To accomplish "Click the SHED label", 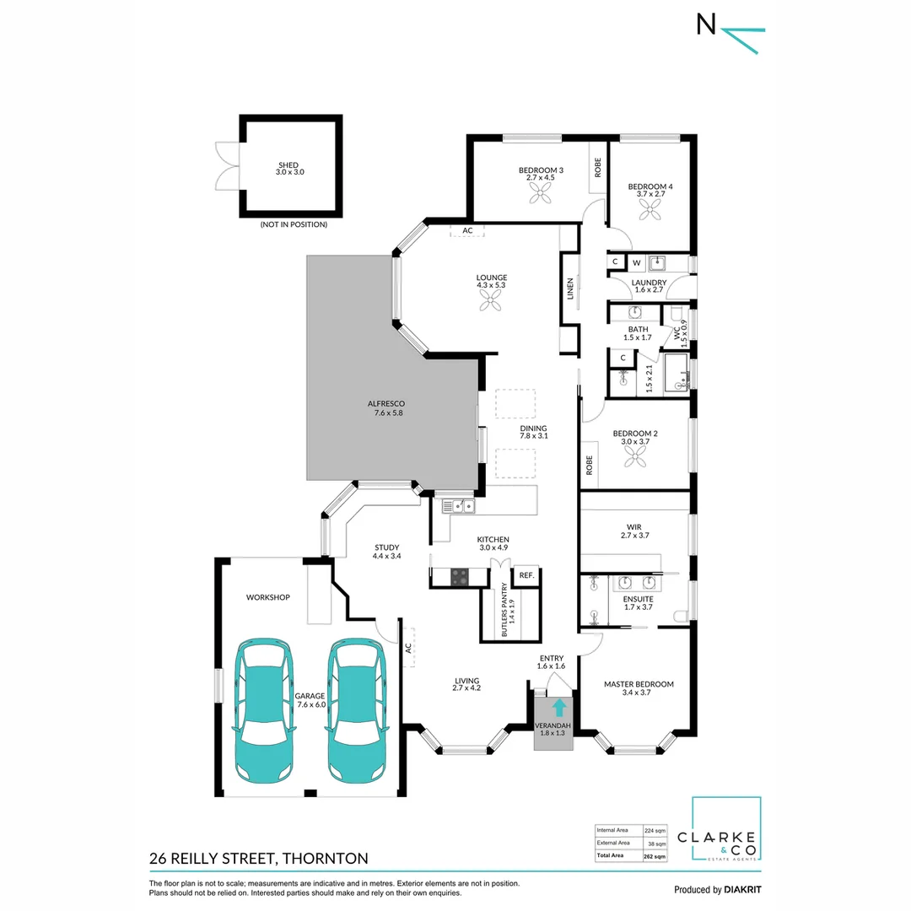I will point(288,165).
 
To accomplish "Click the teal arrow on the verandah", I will point(557,708).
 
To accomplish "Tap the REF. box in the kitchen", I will point(526,575).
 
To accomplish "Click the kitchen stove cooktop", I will point(460,577).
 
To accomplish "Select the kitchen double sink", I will point(458,506).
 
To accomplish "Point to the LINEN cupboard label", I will point(570,288).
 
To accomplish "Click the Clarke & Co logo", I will point(725,830).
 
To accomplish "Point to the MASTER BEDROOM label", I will point(639,684).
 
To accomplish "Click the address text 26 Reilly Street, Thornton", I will point(258,859).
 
